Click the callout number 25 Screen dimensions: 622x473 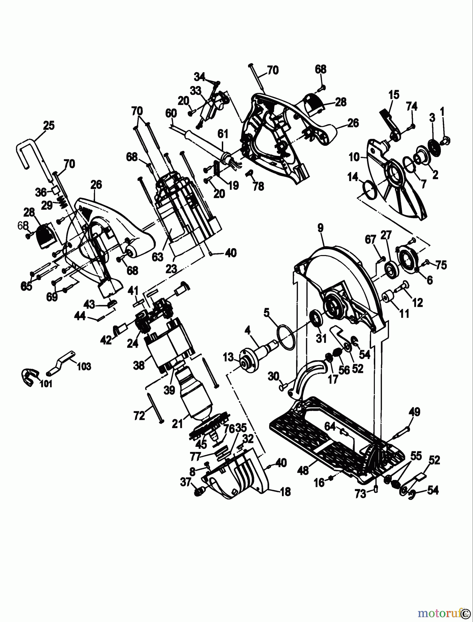coord(49,125)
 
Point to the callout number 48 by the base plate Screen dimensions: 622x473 coord(303,471)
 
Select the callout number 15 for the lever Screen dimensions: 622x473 coord(394,95)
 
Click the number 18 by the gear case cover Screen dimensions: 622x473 coord(286,491)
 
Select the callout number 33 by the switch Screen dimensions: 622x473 coord(196,91)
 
